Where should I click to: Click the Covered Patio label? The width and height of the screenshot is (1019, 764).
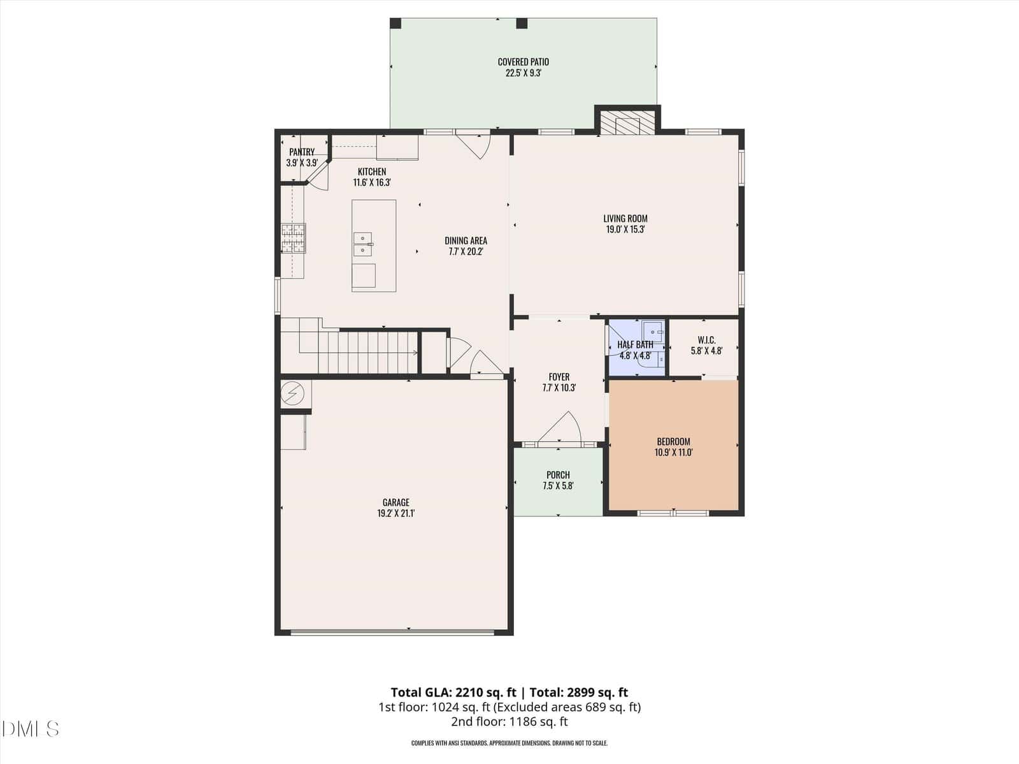click(x=524, y=62)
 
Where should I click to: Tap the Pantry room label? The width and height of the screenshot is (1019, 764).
click(x=302, y=152)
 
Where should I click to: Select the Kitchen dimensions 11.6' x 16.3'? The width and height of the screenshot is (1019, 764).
click(x=372, y=182)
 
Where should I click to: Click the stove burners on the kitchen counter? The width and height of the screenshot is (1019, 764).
click(x=293, y=238)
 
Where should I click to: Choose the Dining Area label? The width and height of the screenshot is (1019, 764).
click(x=466, y=240)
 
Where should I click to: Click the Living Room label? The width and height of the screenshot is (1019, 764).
click(x=625, y=218)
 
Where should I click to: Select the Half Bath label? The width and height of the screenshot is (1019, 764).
click(x=635, y=344)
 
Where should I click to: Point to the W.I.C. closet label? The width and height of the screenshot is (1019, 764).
click(x=706, y=340)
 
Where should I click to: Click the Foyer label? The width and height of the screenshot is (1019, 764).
click(x=559, y=377)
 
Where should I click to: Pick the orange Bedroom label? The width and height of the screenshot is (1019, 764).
click(x=674, y=441)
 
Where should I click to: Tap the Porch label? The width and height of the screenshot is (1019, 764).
click(x=558, y=474)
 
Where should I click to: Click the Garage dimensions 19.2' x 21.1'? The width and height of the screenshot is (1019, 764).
click(x=396, y=514)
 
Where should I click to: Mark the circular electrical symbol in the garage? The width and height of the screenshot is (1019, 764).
click(x=292, y=393)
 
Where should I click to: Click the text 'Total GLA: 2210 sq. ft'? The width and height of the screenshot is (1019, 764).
click(x=453, y=693)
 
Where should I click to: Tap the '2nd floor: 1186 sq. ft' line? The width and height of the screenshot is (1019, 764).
click(x=509, y=721)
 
